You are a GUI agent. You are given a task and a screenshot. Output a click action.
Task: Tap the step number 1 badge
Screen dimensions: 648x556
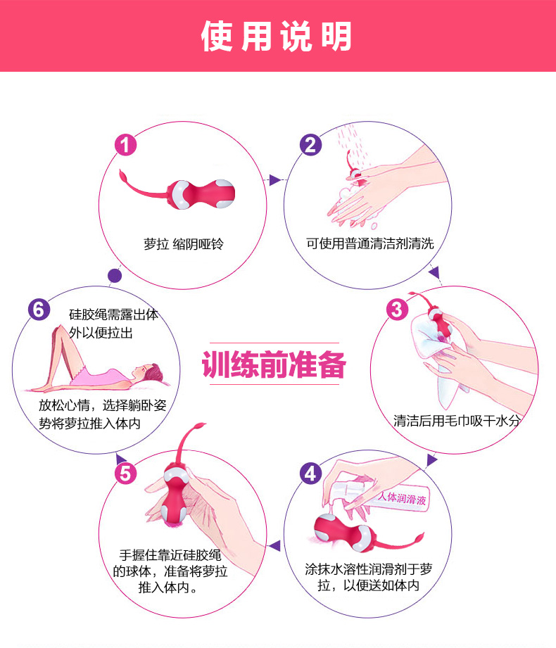(125, 146)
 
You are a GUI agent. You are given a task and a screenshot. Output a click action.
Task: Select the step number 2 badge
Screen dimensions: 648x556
(310, 145)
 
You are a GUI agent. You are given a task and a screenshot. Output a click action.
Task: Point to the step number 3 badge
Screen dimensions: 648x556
(397, 309)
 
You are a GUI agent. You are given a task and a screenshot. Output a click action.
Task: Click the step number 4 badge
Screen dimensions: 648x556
(310, 473)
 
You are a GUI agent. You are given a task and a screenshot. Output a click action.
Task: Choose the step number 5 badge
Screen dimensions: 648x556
(125, 473)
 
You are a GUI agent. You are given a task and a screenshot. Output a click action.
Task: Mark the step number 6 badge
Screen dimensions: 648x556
(39, 309)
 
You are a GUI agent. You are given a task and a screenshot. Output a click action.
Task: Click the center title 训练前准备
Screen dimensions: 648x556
(274, 366)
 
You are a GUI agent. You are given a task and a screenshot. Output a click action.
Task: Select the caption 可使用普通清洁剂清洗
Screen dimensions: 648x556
(369, 243)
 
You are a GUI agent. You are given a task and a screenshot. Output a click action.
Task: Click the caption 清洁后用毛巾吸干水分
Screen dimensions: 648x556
(457, 421)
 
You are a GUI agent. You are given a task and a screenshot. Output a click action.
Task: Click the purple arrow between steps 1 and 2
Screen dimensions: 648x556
(274, 180)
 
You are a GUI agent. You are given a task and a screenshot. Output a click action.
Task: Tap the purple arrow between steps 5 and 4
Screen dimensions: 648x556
(275, 545)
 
